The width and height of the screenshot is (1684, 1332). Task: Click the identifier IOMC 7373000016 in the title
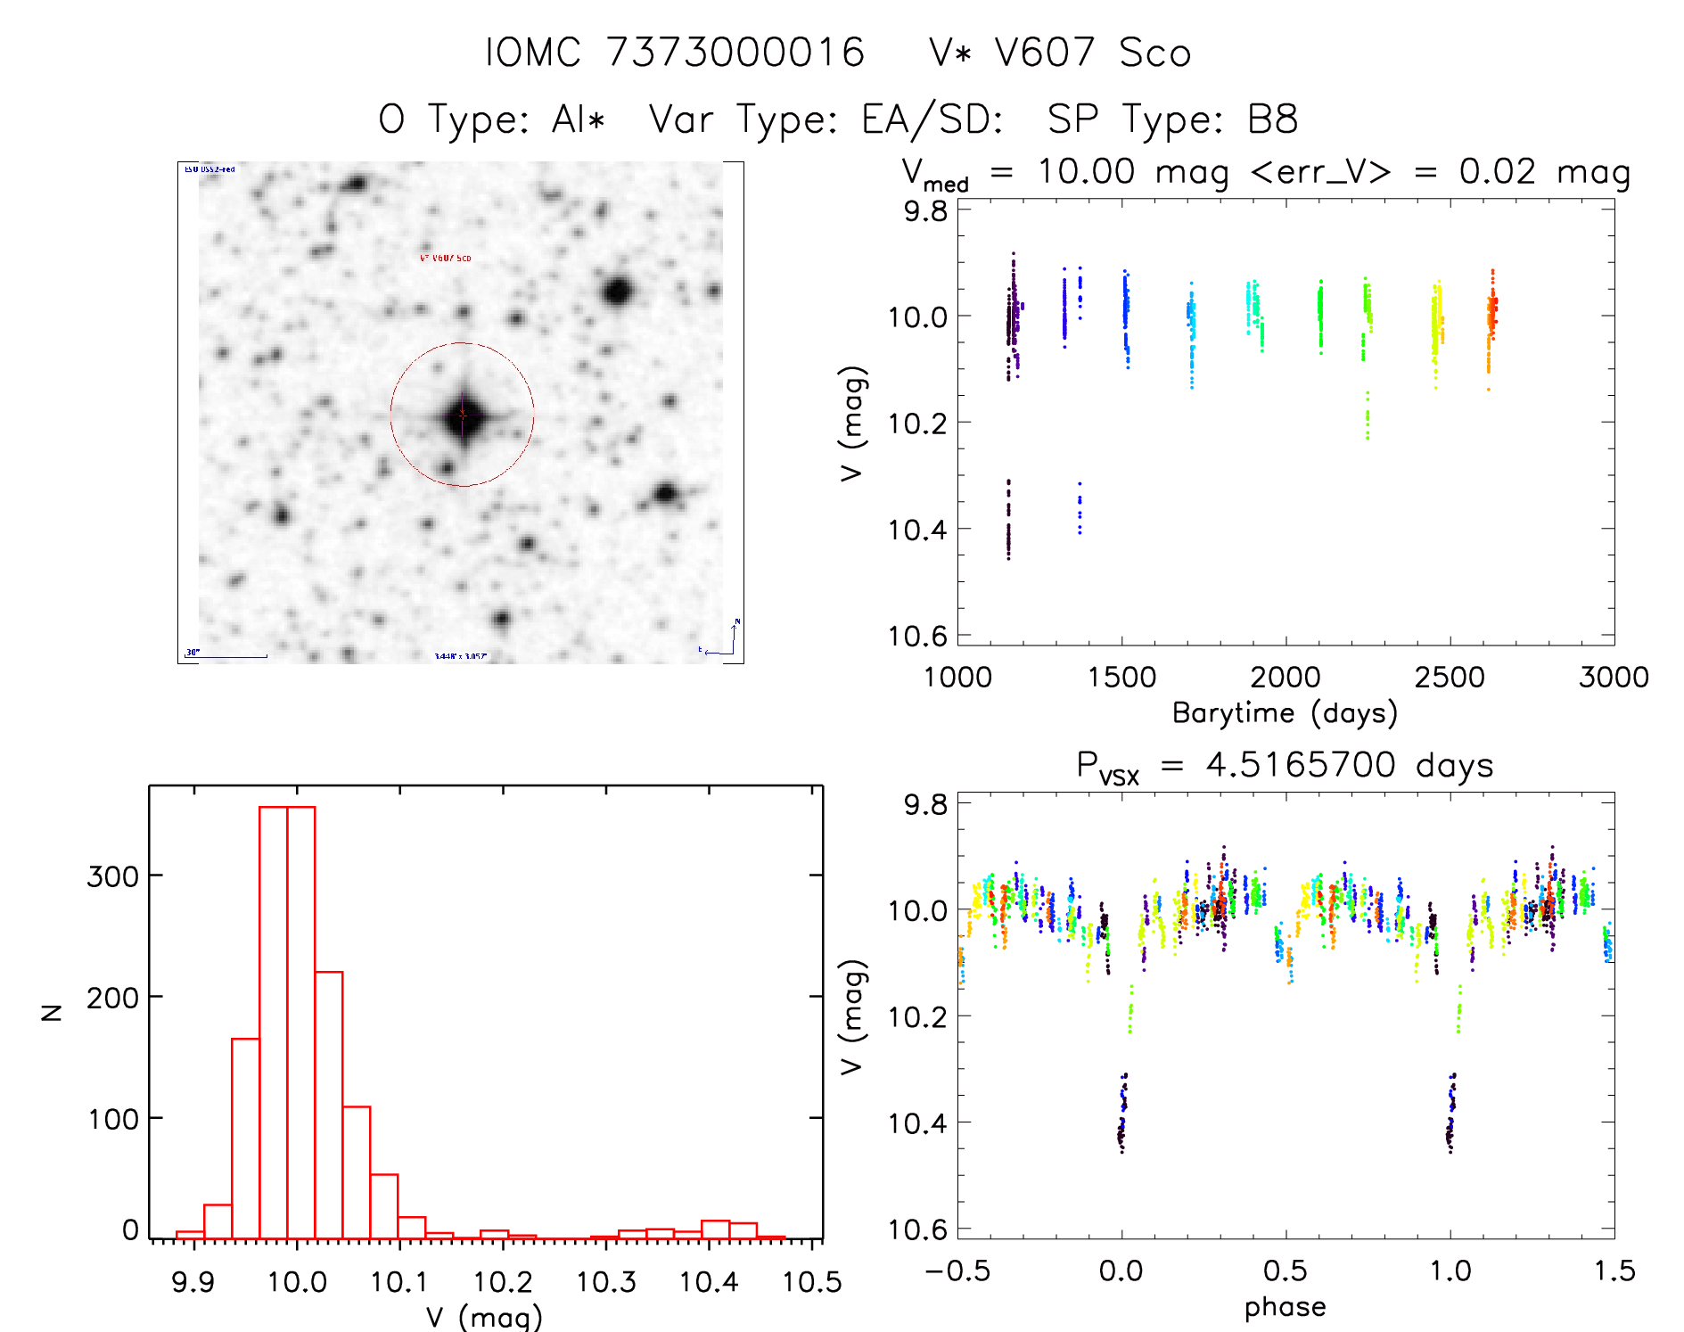click(675, 53)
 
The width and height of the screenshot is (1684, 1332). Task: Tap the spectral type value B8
click(1272, 119)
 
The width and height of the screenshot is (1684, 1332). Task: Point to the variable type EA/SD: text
click(932, 119)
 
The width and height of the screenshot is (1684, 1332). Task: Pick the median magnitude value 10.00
click(1086, 171)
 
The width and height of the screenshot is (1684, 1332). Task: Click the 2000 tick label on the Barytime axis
click(1286, 678)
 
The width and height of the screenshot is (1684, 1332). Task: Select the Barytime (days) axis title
click(1285, 713)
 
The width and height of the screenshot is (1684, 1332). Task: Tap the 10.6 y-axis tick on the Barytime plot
click(917, 636)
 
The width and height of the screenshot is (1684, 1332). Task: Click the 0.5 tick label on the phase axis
click(1286, 1271)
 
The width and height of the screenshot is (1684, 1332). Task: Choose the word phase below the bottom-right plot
click(1285, 1307)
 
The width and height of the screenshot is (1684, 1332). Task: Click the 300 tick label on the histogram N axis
click(112, 876)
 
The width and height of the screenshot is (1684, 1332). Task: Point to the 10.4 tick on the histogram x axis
click(709, 1282)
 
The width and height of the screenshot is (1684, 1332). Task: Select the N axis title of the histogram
click(53, 1012)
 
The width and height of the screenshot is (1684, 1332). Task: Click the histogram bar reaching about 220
click(329, 1106)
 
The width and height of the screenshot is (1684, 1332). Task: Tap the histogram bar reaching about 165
click(245, 1139)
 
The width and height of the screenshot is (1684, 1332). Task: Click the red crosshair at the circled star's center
click(462, 415)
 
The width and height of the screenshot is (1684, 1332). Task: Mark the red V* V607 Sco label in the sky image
click(446, 258)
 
